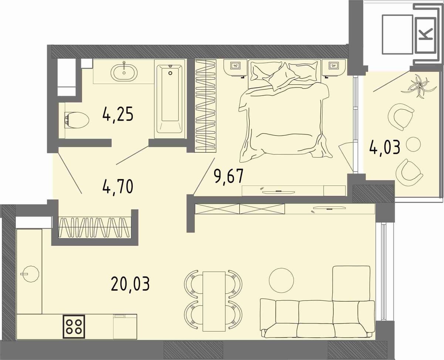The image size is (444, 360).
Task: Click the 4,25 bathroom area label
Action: click(x=118, y=116)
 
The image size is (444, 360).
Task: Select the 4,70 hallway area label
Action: click(x=118, y=187)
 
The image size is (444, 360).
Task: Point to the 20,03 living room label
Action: click(x=130, y=284)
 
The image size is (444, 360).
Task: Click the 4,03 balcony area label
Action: click(x=384, y=147)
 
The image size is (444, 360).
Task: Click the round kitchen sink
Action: click(x=30, y=274)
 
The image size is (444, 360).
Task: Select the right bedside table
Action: click(x=334, y=68)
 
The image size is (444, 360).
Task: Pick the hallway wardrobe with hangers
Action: click(x=95, y=227)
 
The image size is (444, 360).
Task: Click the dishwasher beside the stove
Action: click(x=125, y=332)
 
